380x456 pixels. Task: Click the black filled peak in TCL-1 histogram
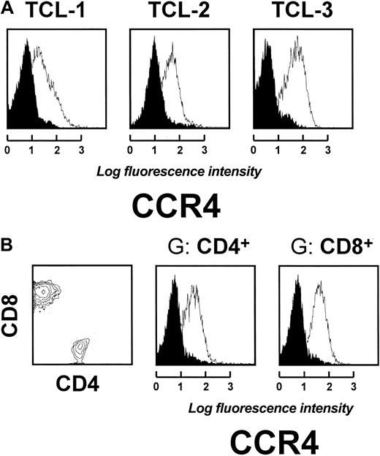tap(28, 88)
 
